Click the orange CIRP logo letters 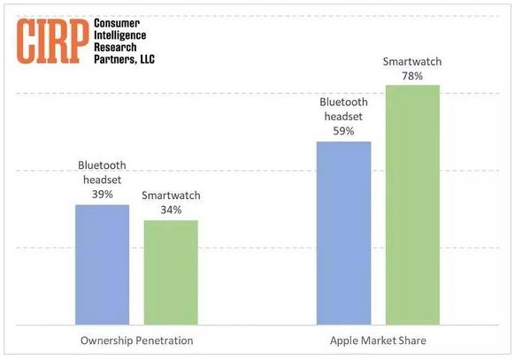pyautogui.click(x=52, y=41)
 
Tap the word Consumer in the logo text pyautogui.click(x=117, y=23)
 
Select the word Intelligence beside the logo pyautogui.click(x=119, y=35)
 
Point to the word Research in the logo pyautogui.click(x=115, y=47)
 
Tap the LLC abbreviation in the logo pyautogui.click(x=147, y=59)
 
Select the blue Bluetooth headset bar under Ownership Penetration pyautogui.click(x=102, y=264)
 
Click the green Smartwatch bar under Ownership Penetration pyautogui.click(x=171, y=272)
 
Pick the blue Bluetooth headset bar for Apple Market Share pyautogui.click(x=343, y=234)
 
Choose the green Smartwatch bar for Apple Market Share pyautogui.click(x=412, y=205)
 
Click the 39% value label pyautogui.click(x=102, y=195)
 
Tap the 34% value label pyautogui.click(x=171, y=210)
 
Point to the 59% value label pyautogui.click(x=343, y=131)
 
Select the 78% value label pyautogui.click(x=412, y=76)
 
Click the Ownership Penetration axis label pyautogui.click(x=136, y=341)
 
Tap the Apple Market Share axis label pyautogui.click(x=378, y=341)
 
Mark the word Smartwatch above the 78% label pyautogui.click(x=412, y=62)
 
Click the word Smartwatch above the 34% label pyautogui.click(x=171, y=195)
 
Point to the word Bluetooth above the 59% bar pyautogui.click(x=343, y=102)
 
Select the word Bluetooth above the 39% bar pyautogui.click(x=102, y=165)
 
